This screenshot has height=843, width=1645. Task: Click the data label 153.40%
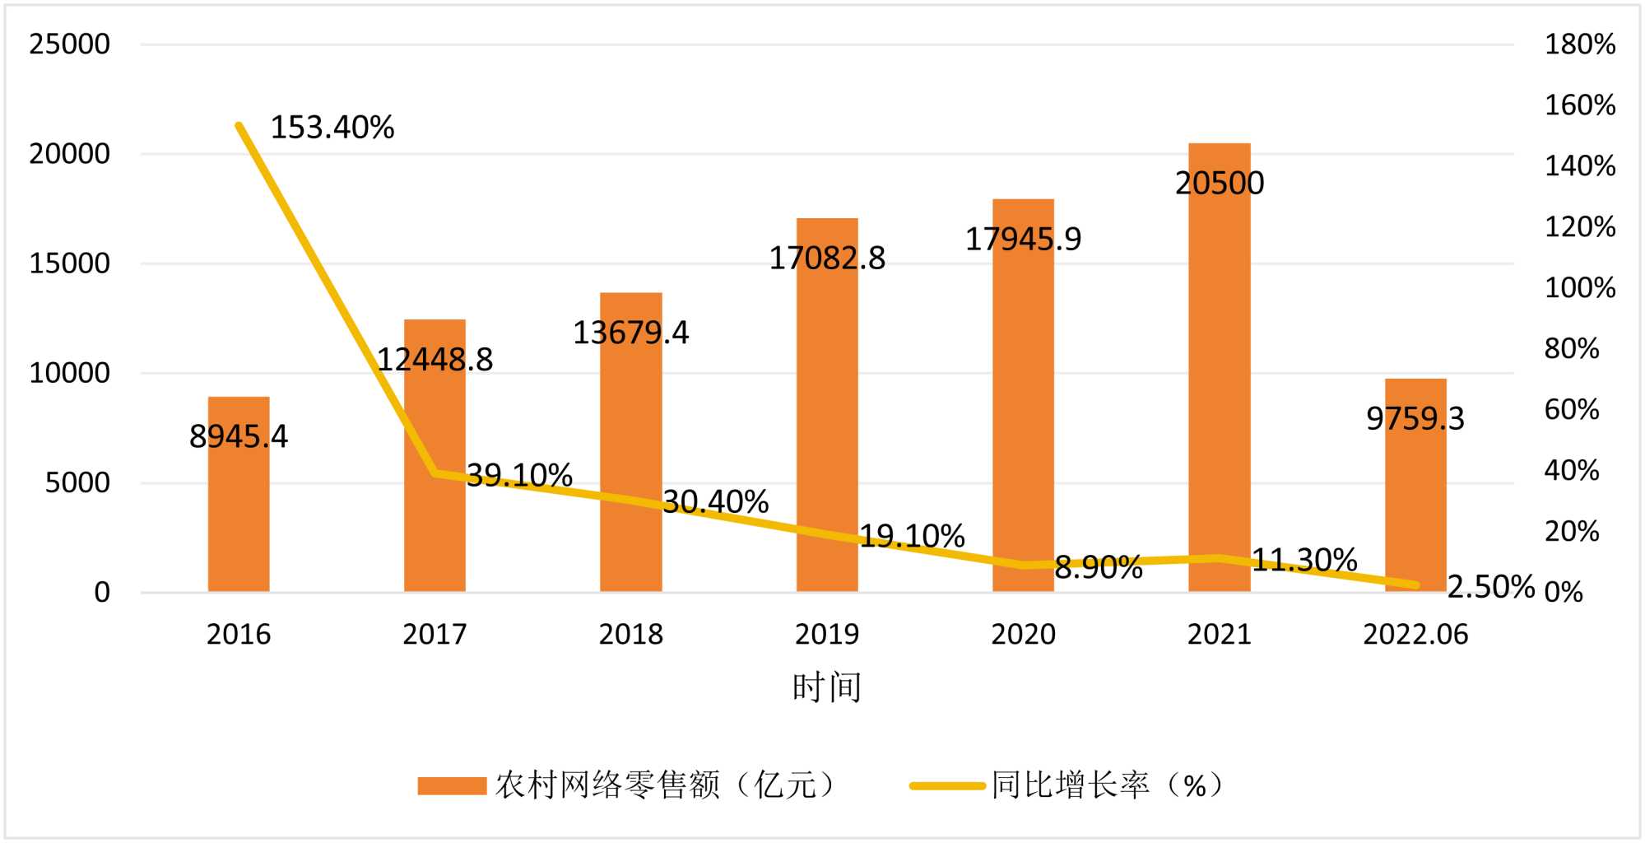tap(332, 128)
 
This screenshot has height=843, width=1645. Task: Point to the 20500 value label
tap(1220, 183)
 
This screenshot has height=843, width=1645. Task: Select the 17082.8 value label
tap(827, 258)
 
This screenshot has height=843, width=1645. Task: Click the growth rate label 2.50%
tap(1490, 587)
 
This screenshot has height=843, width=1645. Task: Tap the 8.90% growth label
tap(1099, 567)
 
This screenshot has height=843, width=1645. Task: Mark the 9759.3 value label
tap(1415, 418)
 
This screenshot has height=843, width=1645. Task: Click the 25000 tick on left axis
tap(69, 44)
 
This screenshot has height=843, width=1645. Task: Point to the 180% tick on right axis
tap(1579, 44)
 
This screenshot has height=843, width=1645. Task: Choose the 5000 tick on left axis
tap(77, 482)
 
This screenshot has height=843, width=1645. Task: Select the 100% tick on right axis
tap(1579, 288)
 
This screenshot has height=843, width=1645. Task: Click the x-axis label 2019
tap(827, 635)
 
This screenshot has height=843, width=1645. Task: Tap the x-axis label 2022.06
tap(1415, 635)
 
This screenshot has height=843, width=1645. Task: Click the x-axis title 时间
tap(827, 687)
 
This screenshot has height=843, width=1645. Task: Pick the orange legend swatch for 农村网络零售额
tap(452, 785)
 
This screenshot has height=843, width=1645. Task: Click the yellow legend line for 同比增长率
tap(947, 785)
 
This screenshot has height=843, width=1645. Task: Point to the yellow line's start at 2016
tap(239, 125)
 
